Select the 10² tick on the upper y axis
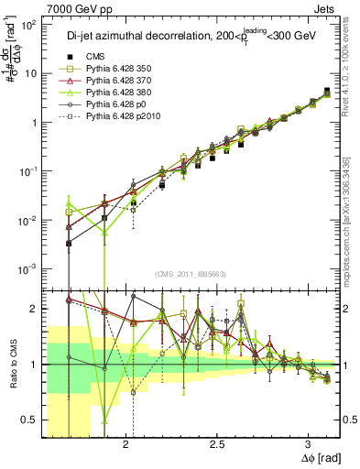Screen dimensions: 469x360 (29, 25)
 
